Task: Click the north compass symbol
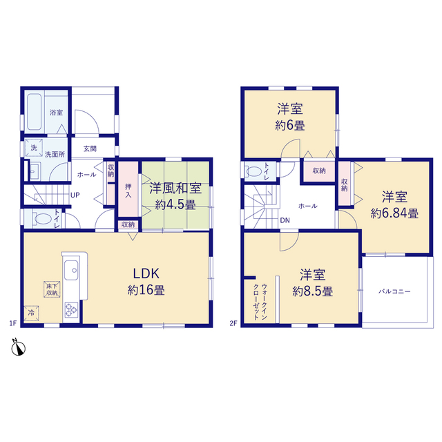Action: (x=19, y=347)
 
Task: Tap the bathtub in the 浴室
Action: (x=35, y=112)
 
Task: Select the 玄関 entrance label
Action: (x=90, y=149)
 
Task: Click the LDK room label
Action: (x=146, y=273)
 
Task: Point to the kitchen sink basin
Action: (x=71, y=270)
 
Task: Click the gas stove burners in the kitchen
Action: (x=71, y=309)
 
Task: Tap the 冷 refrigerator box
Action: (x=31, y=313)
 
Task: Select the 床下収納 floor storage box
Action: (x=52, y=289)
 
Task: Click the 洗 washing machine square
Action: (x=34, y=147)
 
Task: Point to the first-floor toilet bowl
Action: (x=41, y=219)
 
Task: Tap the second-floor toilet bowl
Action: (x=253, y=171)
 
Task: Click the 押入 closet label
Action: (x=128, y=191)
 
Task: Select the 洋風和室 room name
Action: (x=175, y=189)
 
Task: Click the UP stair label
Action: (x=75, y=195)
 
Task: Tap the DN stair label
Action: (x=285, y=220)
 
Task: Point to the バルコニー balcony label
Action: (x=394, y=291)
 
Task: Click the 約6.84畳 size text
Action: (x=394, y=213)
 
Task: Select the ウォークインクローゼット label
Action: (x=260, y=302)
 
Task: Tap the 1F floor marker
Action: (x=13, y=323)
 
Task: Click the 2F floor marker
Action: (x=233, y=323)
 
